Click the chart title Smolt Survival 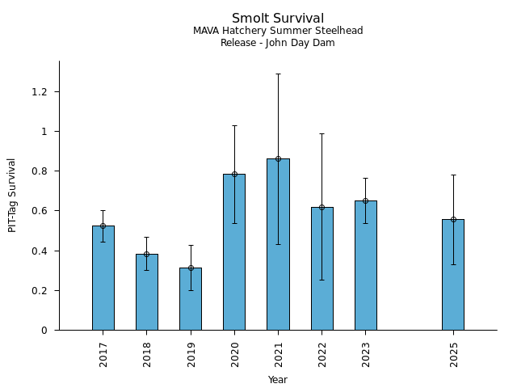(x=278, y=19)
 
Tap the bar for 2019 (x=191, y=298)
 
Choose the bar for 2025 (x=452, y=274)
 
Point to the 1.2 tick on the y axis (x=40, y=92)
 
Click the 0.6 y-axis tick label (x=40, y=211)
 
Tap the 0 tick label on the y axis (x=45, y=331)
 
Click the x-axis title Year (x=278, y=380)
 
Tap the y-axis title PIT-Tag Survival (x=12, y=195)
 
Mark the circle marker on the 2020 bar (x=234, y=174)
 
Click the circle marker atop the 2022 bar (x=322, y=208)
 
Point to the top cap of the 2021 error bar (x=278, y=74)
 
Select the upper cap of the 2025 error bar (x=452, y=175)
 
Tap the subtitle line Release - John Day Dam (x=278, y=43)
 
